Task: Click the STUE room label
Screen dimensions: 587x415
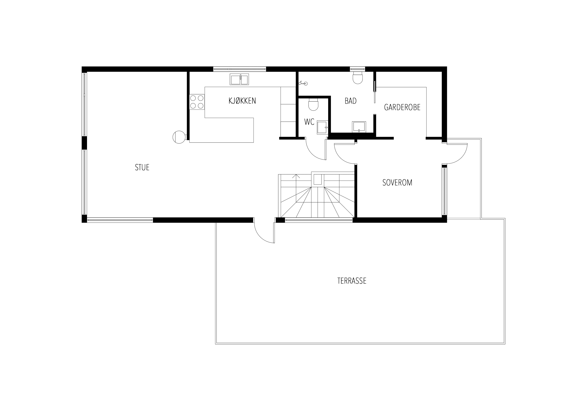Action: click(x=142, y=168)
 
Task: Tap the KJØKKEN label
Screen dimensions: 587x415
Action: click(x=242, y=101)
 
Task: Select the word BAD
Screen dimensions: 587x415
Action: click(x=351, y=101)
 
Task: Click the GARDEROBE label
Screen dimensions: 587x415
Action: click(x=402, y=107)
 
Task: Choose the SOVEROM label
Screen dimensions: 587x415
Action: click(x=397, y=183)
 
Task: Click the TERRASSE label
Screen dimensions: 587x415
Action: click(x=352, y=281)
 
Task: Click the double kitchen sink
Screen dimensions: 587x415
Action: click(x=239, y=79)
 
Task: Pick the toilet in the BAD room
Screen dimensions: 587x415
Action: click(x=358, y=78)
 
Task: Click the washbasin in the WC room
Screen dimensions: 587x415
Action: click(x=322, y=128)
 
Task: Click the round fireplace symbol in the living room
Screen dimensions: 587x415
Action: click(x=179, y=137)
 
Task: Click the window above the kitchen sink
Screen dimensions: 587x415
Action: click(x=240, y=69)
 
